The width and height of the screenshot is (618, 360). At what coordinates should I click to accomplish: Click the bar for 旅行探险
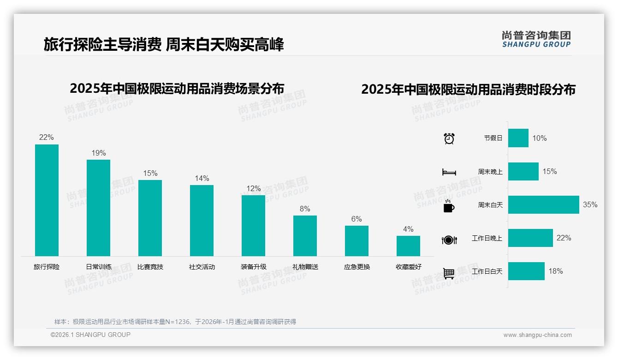[47, 200]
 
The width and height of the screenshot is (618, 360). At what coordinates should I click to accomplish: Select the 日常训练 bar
[98, 208]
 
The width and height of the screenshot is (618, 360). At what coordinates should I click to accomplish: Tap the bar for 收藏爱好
[408, 246]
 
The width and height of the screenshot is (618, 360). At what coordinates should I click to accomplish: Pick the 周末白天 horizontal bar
[543, 204]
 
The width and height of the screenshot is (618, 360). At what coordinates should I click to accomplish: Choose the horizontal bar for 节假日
[518, 138]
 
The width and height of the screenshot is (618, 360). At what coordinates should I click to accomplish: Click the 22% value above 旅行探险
[46, 137]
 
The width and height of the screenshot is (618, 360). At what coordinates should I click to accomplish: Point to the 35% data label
[590, 204]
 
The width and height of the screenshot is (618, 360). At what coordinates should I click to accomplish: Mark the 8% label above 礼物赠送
[305, 209]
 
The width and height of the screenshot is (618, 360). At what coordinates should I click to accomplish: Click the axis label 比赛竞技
[150, 267]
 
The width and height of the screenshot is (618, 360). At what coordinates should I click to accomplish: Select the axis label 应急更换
[357, 267]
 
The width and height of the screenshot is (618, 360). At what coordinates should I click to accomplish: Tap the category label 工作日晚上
[487, 238]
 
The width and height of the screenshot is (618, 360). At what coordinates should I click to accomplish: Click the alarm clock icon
[449, 138]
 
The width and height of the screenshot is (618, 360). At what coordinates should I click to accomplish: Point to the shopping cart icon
[449, 273]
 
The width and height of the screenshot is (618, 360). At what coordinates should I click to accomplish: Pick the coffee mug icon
[449, 206]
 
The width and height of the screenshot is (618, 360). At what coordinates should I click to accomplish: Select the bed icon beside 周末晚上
[449, 172]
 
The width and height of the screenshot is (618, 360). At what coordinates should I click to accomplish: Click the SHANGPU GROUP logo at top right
[536, 39]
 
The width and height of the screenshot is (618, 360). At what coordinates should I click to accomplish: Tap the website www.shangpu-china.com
[537, 335]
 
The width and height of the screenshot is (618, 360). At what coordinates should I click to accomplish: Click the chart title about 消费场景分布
[177, 88]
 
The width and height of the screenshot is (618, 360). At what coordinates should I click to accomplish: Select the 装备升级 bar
[253, 226]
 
